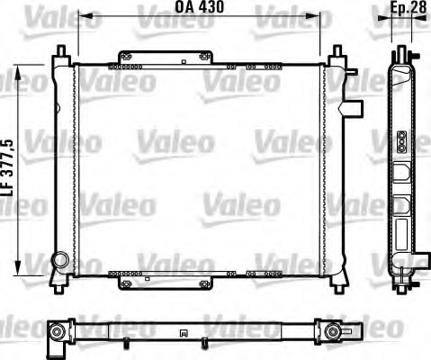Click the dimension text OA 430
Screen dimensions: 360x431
click(x=198, y=8)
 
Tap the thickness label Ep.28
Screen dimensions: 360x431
click(x=408, y=9)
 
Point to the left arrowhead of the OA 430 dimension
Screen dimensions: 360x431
click(x=81, y=15)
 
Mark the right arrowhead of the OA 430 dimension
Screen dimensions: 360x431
click(x=318, y=15)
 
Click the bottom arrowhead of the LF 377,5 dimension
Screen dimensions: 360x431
click(x=16, y=270)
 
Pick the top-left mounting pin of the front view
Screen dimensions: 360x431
click(x=59, y=50)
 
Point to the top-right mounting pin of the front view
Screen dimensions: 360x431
click(x=337, y=52)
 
